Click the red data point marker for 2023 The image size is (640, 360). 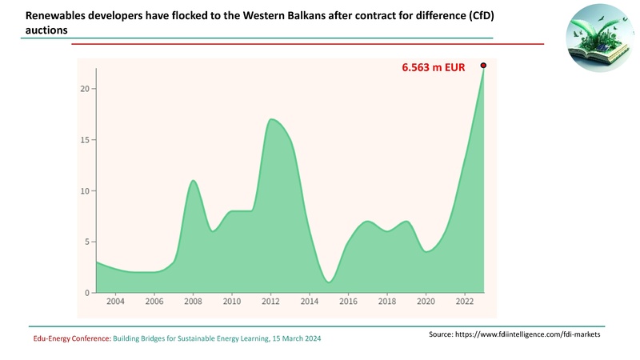(x=483, y=66)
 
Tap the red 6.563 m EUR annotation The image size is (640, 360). (x=433, y=69)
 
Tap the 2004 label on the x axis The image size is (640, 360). (x=115, y=302)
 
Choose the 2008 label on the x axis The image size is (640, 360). (x=193, y=302)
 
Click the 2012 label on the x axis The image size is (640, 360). (x=270, y=302)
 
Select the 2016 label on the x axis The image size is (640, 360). (x=348, y=302)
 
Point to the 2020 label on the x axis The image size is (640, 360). (x=426, y=302)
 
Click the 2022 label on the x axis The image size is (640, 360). (x=464, y=302)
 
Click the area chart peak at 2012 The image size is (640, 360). (x=272, y=120)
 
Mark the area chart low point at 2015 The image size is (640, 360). (x=329, y=282)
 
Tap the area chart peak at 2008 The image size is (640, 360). (x=193, y=182)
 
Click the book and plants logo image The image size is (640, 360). (x=598, y=40)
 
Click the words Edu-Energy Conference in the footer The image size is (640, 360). (x=71, y=339)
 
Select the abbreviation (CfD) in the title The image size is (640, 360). (x=470, y=14)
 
